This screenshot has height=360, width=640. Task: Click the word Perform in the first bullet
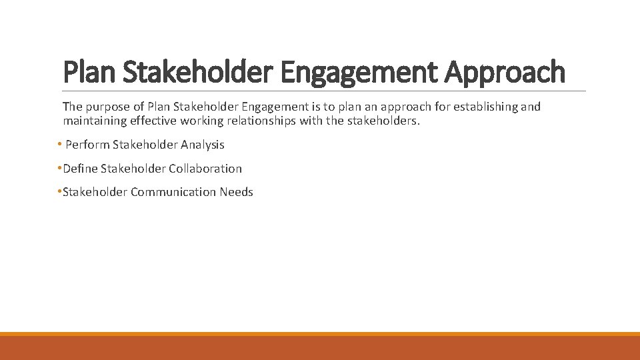(87, 145)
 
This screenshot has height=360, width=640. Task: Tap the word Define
(80, 169)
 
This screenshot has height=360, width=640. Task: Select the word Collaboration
(205, 169)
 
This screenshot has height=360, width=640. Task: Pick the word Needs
(237, 192)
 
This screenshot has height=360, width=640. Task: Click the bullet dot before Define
(59, 169)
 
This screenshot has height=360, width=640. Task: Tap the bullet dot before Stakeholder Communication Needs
(59, 192)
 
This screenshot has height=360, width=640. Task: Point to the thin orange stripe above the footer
(320, 334)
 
